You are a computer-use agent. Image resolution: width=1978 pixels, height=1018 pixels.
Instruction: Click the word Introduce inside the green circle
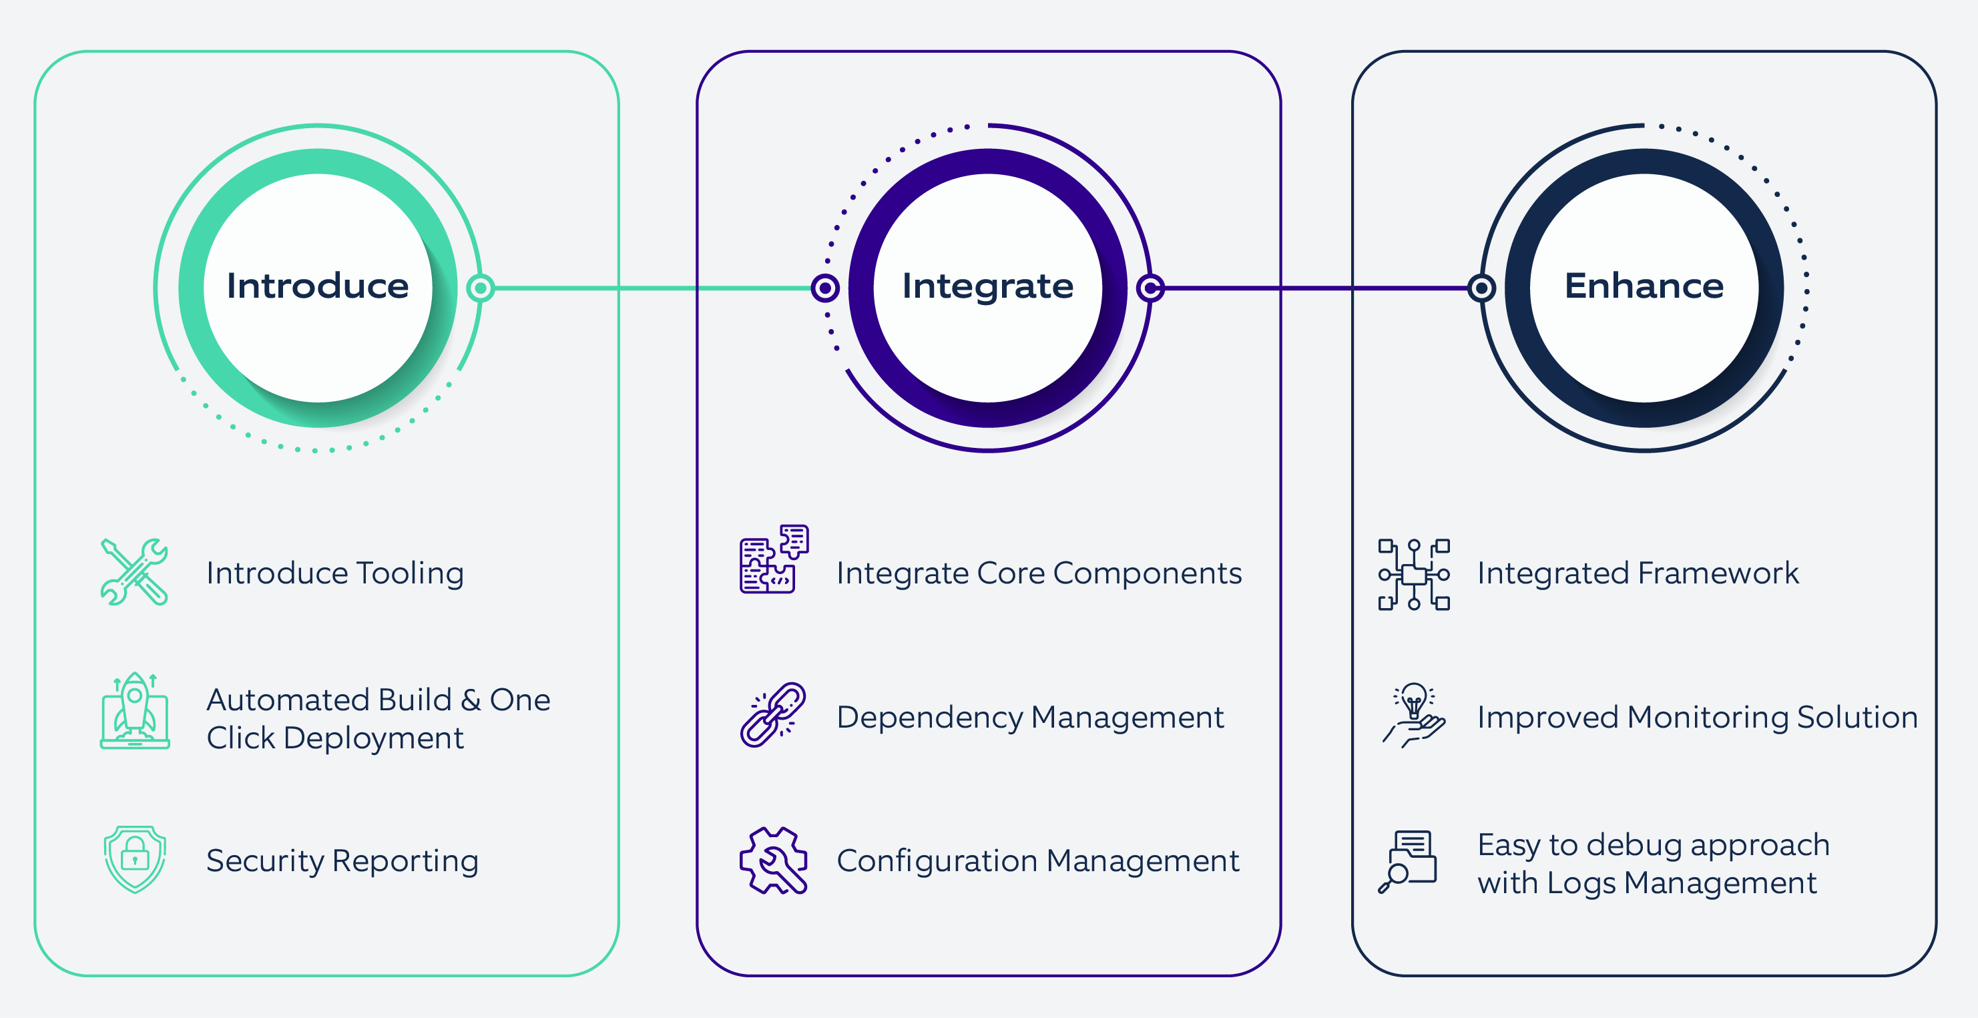click(x=317, y=286)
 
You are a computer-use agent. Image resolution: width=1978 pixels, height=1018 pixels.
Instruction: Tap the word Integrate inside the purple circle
click(x=987, y=286)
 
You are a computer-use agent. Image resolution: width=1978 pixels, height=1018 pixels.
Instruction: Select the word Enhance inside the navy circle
click(x=1644, y=286)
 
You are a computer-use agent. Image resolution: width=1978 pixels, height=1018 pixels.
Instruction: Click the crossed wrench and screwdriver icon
click(x=134, y=572)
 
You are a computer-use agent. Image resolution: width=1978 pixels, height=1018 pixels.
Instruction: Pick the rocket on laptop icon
click(x=134, y=712)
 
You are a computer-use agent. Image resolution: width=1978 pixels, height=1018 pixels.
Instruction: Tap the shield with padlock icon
click(x=134, y=859)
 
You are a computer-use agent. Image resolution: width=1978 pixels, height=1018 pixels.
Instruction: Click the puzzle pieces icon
click(x=774, y=559)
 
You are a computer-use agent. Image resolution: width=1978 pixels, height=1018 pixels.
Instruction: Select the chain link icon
click(x=772, y=715)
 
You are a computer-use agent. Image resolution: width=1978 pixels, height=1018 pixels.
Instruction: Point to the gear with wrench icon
click(x=773, y=860)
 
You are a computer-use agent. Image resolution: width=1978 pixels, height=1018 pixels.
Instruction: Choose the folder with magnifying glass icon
click(x=1407, y=860)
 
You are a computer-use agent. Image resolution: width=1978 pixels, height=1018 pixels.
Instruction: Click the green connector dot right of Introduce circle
click(x=481, y=288)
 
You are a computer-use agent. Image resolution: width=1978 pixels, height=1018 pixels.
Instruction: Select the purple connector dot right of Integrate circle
click(x=1150, y=288)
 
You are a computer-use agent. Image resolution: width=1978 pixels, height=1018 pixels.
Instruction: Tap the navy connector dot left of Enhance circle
click(x=1481, y=288)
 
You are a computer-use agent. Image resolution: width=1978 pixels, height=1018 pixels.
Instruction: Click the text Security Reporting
click(x=342, y=860)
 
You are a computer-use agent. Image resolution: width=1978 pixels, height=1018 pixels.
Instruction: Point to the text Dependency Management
click(x=1029, y=717)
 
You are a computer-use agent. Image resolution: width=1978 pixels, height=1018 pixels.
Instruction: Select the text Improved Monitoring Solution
click(x=1697, y=717)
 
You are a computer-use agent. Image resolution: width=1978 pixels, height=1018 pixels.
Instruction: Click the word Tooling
click(x=410, y=573)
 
